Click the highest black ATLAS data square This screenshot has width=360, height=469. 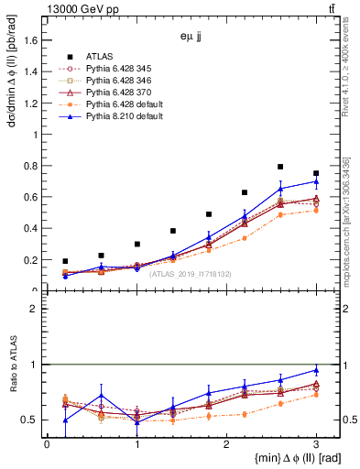pos(280,167)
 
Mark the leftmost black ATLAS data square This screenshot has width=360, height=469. pos(65,261)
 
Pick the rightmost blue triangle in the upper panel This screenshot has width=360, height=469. pos(316,181)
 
